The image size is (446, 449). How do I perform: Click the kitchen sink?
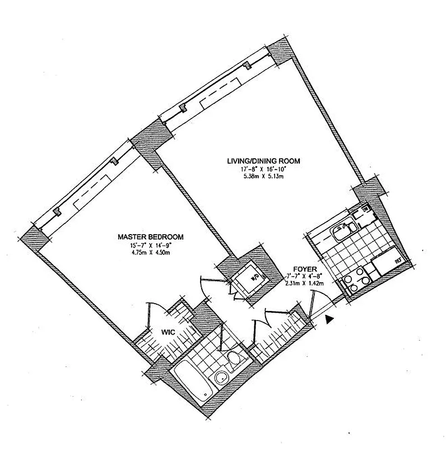(340, 230)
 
